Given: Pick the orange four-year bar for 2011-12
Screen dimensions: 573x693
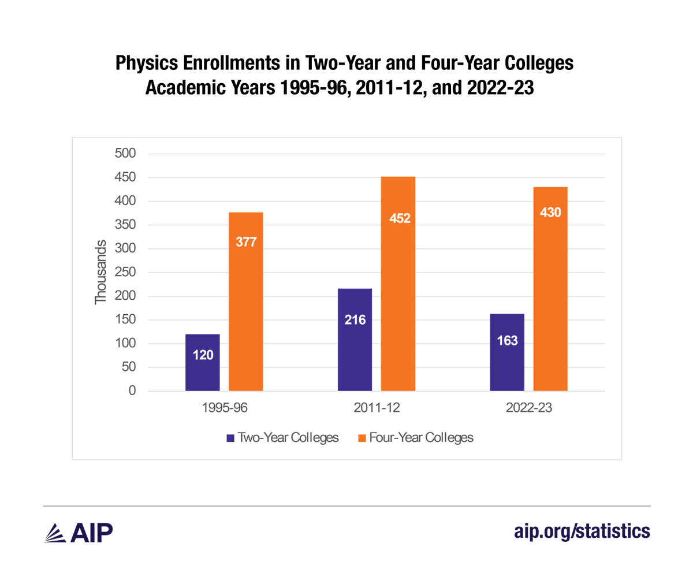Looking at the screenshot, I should (398, 284).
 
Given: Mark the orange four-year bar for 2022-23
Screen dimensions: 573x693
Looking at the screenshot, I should (550, 289).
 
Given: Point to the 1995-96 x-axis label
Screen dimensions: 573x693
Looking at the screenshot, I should (224, 408).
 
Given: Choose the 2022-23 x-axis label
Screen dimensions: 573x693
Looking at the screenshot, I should (528, 408).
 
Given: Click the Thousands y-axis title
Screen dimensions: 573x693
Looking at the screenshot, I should (101, 272).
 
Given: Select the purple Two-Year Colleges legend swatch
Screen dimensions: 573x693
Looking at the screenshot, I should (230, 438).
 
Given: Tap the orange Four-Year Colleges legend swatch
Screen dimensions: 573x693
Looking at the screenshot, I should (362, 438).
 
